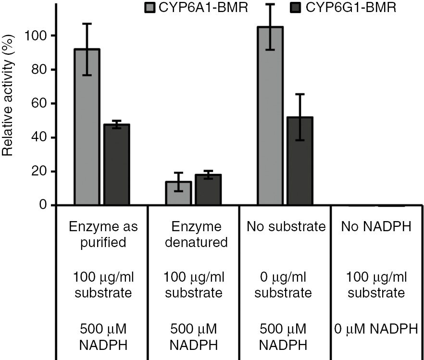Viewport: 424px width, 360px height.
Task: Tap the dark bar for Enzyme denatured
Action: click(208, 190)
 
